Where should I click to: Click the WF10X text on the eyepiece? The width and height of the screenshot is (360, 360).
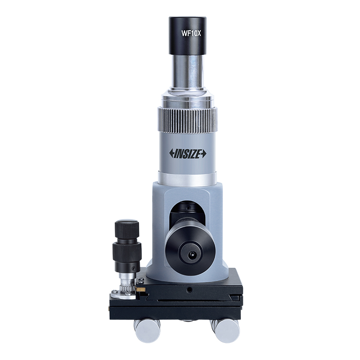coord(191,34)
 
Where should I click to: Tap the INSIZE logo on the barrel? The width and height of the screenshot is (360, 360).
coord(188,153)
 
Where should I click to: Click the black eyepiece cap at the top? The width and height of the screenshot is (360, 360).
coord(187,36)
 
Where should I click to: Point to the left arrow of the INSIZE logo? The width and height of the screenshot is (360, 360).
coord(172,153)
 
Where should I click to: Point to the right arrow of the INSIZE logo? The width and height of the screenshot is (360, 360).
coord(204,154)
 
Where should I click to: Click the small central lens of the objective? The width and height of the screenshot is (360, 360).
coord(191,254)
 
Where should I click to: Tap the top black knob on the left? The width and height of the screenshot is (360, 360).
coord(127,229)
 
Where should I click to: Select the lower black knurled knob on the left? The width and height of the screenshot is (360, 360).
coord(127,252)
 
